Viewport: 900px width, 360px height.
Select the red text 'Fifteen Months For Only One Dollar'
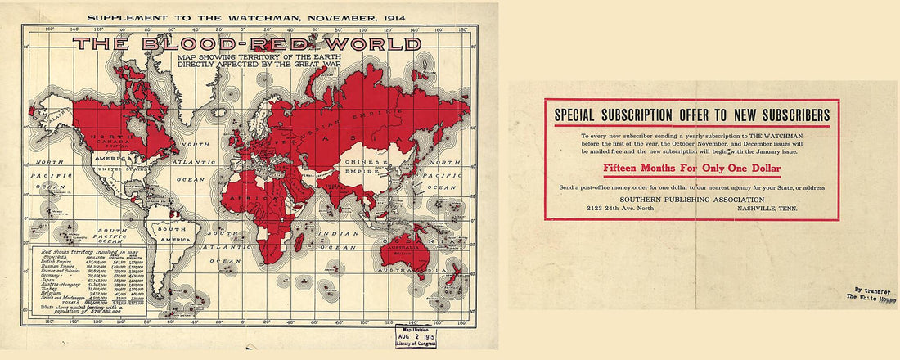(x=691, y=169)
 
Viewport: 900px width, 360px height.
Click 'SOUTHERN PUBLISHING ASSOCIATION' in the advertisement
(x=691, y=199)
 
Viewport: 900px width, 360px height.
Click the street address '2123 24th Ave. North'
(x=621, y=209)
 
